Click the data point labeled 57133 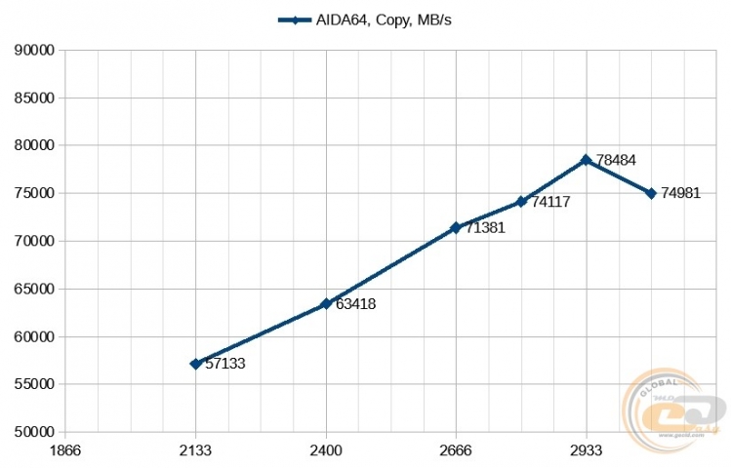pos(195,364)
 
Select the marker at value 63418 pos(325,304)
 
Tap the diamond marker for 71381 pos(455,227)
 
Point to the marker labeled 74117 pos(521,202)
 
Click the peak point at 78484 pos(586,160)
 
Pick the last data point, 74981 pos(651,193)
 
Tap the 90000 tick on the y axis pos(33,50)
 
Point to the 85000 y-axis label pos(33,97)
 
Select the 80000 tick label pos(33,145)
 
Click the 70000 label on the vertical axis pos(33,241)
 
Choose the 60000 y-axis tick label pos(33,336)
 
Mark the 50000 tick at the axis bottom pos(33,432)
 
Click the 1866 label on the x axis pos(65,450)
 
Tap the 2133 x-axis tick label pos(195,450)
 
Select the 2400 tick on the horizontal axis pos(325,450)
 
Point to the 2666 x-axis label pos(455,450)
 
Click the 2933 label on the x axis pos(586,450)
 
